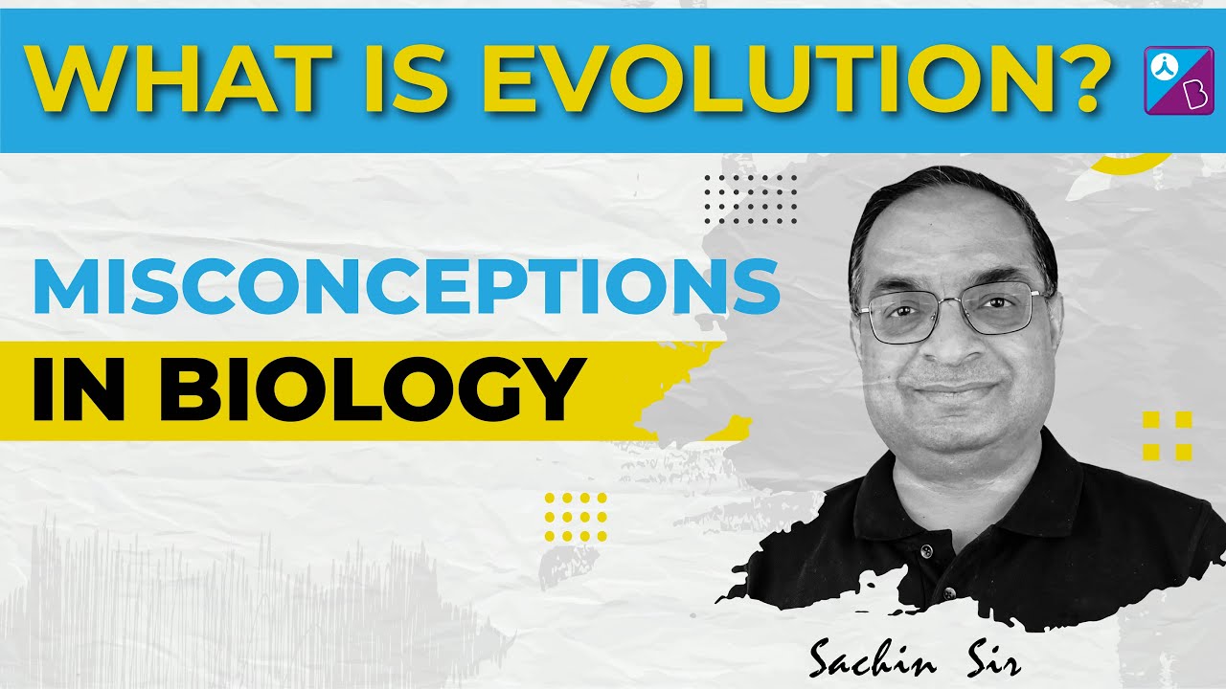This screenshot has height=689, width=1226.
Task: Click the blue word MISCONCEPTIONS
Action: coord(406,286)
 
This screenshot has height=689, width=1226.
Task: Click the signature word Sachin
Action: coord(866,658)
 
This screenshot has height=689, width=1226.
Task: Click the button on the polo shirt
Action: coord(926,553)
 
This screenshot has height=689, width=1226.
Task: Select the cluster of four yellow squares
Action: coord(1168,435)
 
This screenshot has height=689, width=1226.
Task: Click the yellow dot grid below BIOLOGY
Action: coord(576,518)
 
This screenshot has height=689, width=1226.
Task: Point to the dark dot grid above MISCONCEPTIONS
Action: coord(750,199)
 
